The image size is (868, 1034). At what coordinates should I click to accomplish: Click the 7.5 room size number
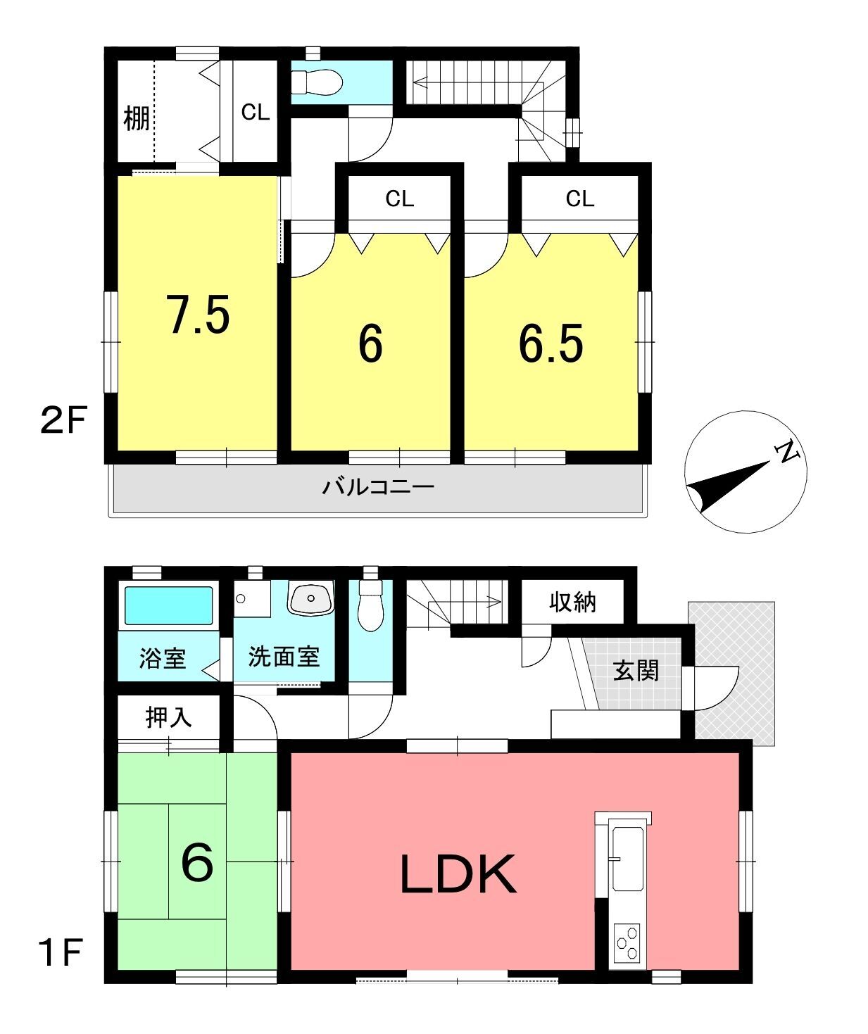tap(199, 314)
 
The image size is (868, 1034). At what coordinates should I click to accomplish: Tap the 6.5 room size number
tap(551, 343)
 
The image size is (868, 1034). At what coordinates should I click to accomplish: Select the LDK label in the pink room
tap(458, 874)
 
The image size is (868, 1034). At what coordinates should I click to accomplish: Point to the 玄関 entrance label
tap(636, 671)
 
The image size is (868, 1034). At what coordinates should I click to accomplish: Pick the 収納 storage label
tap(572, 603)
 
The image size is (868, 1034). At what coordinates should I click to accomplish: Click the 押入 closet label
tap(168, 717)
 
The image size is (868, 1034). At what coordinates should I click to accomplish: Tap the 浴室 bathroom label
tap(162, 659)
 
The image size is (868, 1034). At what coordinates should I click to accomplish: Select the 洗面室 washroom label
tap(284, 657)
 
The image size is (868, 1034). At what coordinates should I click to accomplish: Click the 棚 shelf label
tap(136, 119)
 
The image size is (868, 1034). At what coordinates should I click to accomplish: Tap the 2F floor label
tap(64, 420)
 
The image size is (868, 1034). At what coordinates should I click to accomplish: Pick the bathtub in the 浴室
tap(168, 605)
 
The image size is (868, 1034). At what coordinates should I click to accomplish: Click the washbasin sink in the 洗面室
tap(310, 599)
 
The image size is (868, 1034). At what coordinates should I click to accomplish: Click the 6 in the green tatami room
tap(197, 863)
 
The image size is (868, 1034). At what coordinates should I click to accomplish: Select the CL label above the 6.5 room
tap(579, 199)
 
